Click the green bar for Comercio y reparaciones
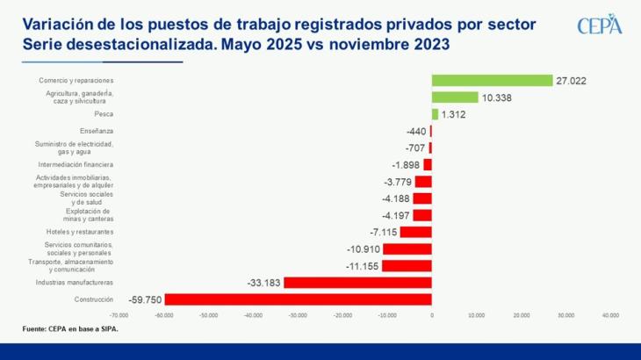[x=492, y=81]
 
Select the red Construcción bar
[x=299, y=299]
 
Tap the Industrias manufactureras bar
[x=357, y=283]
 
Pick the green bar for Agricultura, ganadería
[x=455, y=97]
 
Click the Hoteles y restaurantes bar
[x=415, y=232]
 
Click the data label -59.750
[x=145, y=299]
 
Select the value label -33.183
[x=263, y=283]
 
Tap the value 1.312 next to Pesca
[x=455, y=114]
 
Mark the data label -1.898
[x=406, y=165]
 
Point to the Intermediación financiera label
[x=76, y=164]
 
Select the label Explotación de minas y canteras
[x=89, y=215]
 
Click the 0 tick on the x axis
[x=432, y=314]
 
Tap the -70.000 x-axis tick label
[x=119, y=314]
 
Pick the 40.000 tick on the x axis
[x=609, y=314]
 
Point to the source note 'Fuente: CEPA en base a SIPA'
[x=70, y=329]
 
